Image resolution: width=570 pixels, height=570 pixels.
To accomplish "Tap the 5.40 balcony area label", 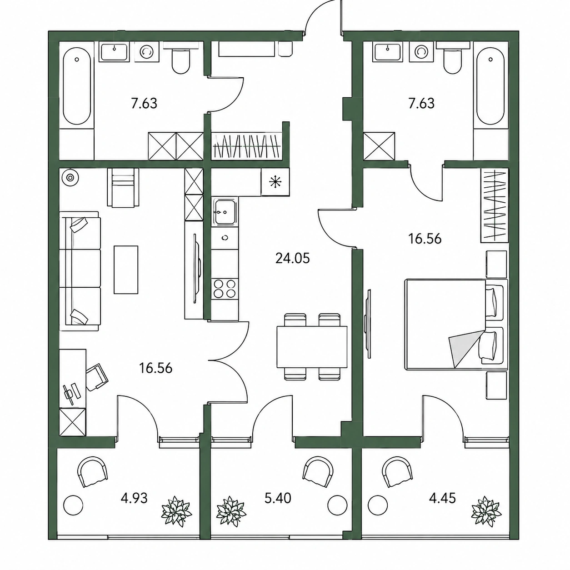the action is tap(278, 499).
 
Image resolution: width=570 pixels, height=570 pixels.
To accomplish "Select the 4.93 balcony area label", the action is tap(134, 499).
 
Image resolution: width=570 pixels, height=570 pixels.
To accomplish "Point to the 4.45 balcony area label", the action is tap(443, 499).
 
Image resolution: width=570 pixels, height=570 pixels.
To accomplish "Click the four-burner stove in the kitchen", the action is tap(225, 289).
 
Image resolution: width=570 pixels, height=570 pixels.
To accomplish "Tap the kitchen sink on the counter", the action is tap(225, 211).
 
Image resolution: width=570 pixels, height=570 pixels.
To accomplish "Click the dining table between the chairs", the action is tap(312, 347).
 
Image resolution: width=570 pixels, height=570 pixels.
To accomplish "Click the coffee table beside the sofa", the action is tap(126, 270).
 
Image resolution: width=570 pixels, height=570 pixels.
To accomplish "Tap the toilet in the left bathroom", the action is tap(181, 59).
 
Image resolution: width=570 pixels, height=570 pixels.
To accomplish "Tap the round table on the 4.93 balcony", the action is tap(73, 506).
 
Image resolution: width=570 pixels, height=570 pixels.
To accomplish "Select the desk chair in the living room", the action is tap(97, 377).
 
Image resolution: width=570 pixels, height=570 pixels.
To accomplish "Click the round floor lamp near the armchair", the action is tap(70, 177).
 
